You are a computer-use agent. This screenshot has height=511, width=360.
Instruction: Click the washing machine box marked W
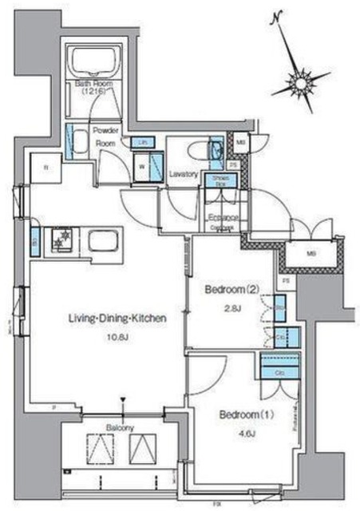tap(142, 167)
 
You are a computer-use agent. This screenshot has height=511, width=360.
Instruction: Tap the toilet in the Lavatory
tap(216, 151)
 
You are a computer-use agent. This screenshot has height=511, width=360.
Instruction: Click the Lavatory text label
tap(184, 173)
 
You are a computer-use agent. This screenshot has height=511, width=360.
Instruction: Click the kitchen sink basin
tap(101, 240)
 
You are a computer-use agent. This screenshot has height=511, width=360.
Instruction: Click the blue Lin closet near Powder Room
tap(144, 142)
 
